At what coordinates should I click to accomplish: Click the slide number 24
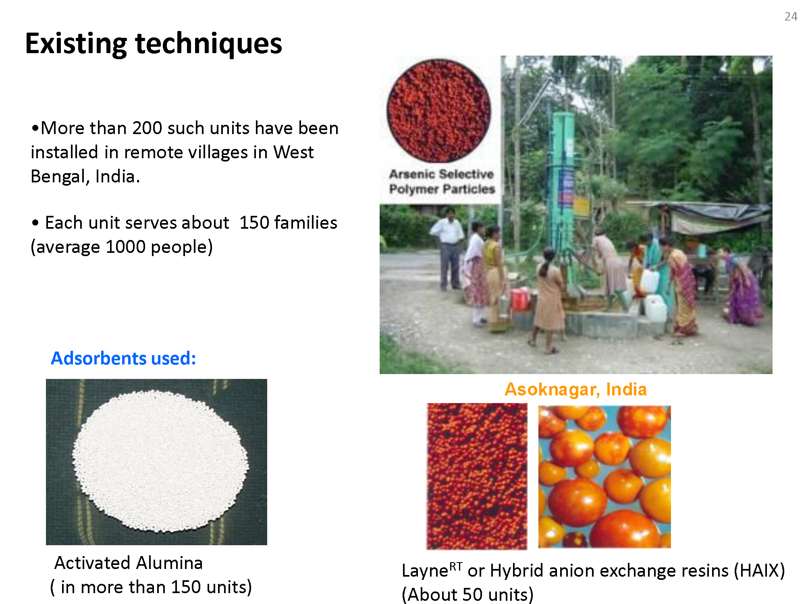click(791, 17)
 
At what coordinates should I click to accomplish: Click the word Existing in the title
click(76, 43)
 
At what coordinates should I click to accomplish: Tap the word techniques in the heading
click(208, 43)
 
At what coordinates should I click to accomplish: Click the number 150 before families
click(254, 223)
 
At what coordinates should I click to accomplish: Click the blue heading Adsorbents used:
click(123, 358)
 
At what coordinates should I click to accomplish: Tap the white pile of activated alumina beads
click(160, 461)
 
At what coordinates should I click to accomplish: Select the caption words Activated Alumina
click(129, 563)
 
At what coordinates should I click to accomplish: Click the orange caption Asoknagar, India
click(575, 389)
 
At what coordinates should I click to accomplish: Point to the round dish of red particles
click(439, 111)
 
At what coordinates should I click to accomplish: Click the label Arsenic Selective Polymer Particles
click(442, 181)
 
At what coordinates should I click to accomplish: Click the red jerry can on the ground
click(520, 298)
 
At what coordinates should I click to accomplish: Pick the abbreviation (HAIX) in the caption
click(759, 571)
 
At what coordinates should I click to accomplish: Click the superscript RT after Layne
click(456, 567)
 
